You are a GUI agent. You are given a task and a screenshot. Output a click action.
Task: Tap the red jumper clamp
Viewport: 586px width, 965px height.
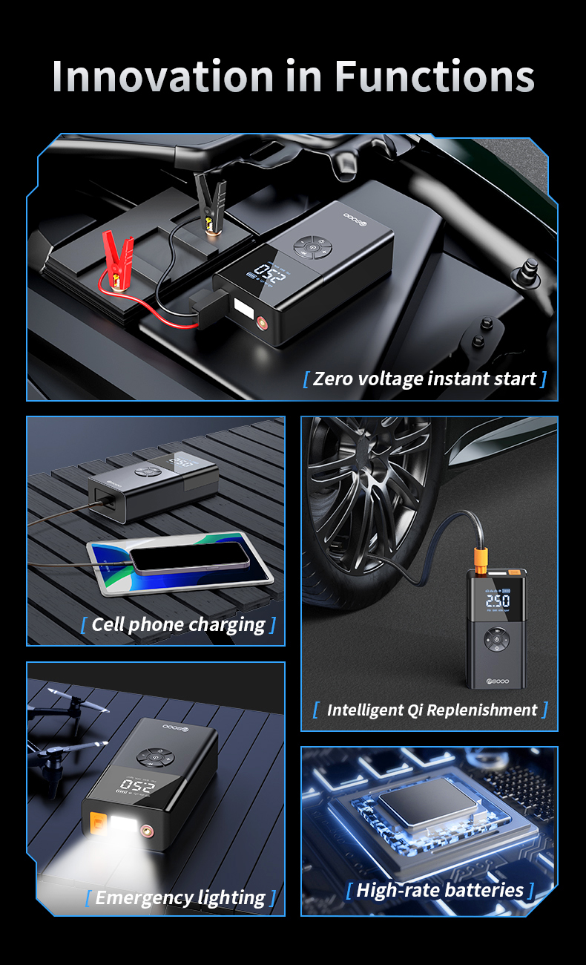click(x=117, y=255)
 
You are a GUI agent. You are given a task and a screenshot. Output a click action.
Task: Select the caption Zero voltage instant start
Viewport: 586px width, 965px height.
click(x=424, y=379)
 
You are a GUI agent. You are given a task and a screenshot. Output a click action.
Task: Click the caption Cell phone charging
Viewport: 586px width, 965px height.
click(x=178, y=624)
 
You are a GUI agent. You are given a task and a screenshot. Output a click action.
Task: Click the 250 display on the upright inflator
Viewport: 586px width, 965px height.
click(x=497, y=600)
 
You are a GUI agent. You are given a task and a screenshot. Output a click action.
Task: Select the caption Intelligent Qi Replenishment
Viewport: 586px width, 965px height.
click(x=431, y=710)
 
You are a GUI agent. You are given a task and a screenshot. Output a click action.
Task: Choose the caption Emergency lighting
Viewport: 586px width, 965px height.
click(x=180, y=897)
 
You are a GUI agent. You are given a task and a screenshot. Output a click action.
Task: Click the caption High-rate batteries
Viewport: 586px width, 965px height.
click(x=440, y=890)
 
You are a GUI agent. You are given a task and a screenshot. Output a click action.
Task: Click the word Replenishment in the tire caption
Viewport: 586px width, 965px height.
click(x=481, y=710)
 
